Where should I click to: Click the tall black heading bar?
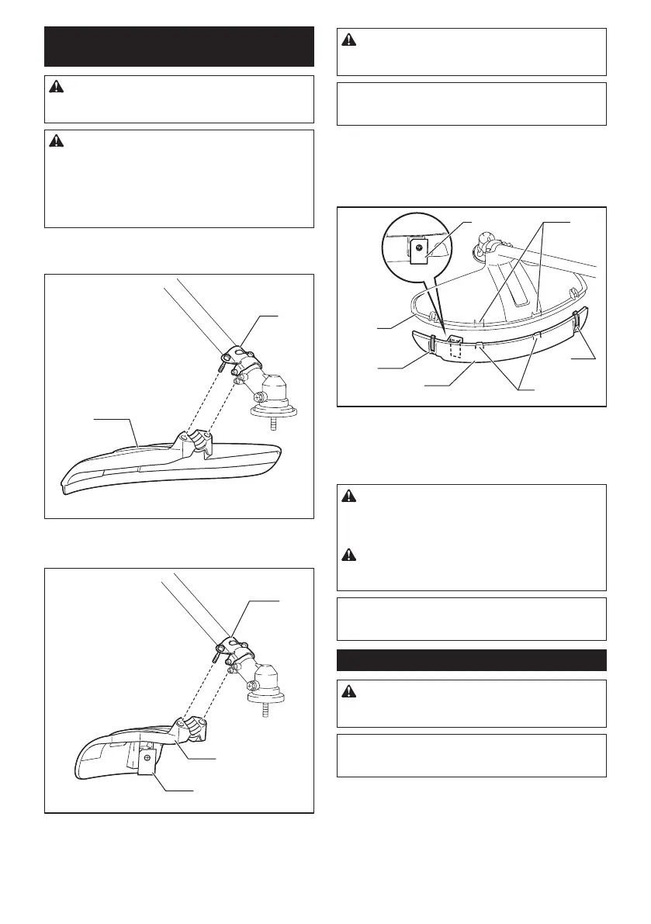click(179, 47)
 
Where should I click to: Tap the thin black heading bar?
click(472, 659)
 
